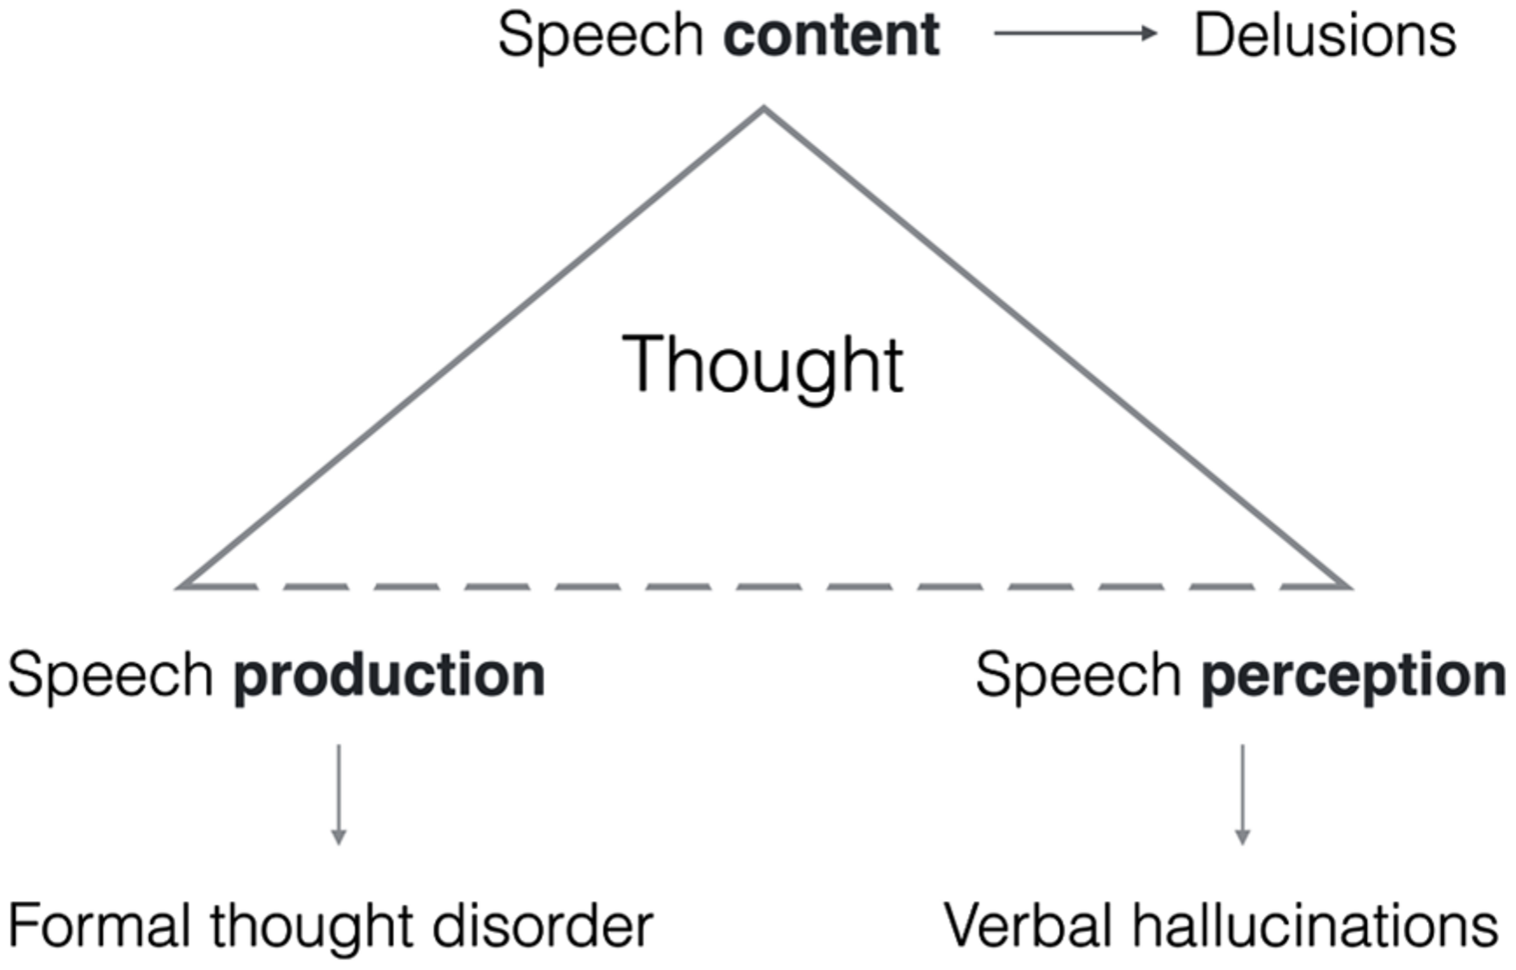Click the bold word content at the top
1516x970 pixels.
830,35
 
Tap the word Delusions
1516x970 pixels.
1324,35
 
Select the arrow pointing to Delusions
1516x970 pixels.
1074,33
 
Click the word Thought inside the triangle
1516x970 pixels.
762,365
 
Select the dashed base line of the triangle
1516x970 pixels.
764,586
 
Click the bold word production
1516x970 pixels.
389,676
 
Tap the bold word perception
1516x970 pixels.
1353,676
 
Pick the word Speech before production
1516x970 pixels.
110,676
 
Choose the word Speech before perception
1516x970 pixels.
1077,676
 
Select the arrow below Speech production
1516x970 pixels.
339,794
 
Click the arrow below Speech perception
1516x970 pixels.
1242,794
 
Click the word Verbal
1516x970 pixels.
1028,925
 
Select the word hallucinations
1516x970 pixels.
1314,925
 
